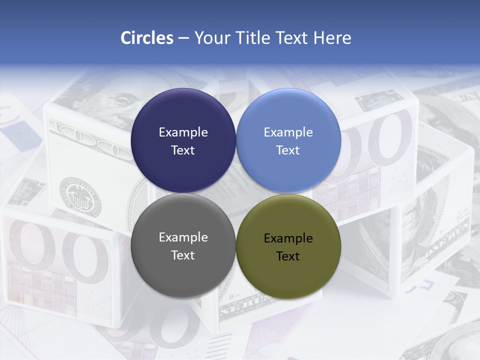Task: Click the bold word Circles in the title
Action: (147, 38)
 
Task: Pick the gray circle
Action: (183, 270)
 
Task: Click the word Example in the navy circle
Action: (183, 132)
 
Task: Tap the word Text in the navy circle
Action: (183, 150)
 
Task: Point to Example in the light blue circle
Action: (288, 132)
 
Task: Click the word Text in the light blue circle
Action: (288, 150)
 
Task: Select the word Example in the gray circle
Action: (183, 237)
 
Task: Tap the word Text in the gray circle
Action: (183, 255)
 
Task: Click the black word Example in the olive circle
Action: (288, 238)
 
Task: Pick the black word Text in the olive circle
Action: (288, 256)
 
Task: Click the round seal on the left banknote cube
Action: (80, 196)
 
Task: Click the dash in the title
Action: (183, 38)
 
